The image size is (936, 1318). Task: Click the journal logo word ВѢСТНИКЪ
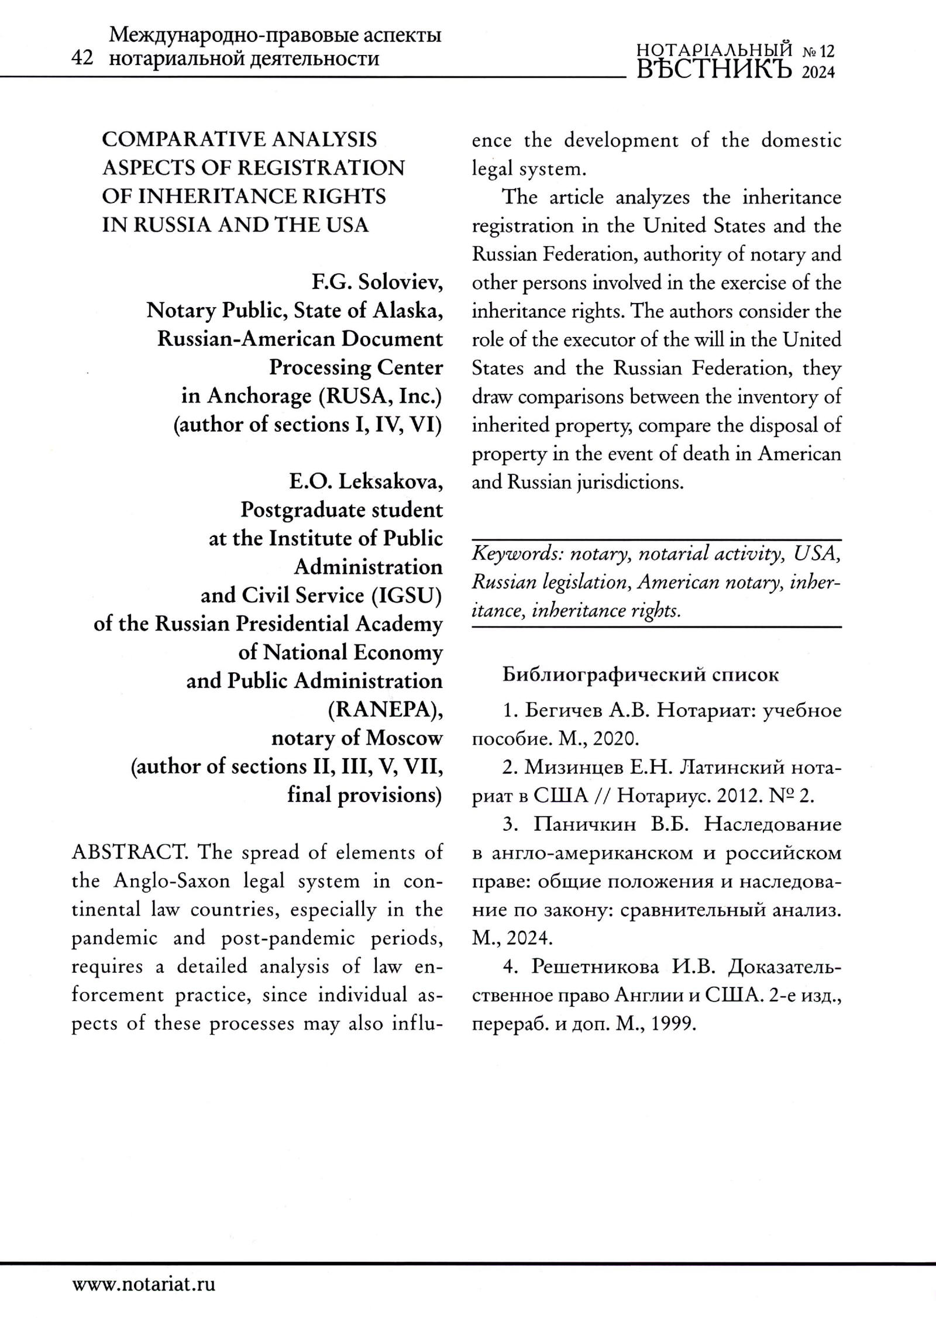[714, 70]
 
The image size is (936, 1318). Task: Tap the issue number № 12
[818, 52]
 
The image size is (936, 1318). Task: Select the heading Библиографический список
[641, 675]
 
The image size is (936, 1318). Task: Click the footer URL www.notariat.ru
[144, 1284]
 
